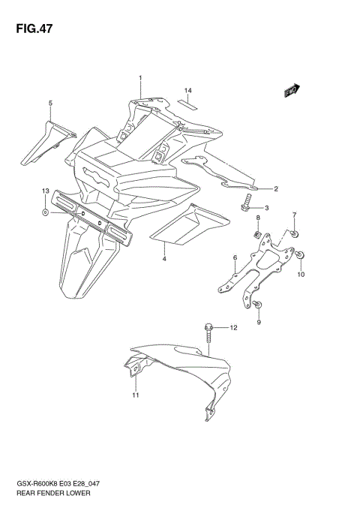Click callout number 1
pyautogui.click(x=139, y=78)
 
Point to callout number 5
pyautogui.click(x=50, y=103)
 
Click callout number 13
pyautogui.click(x=45, y=193)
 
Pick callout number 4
pyautogui.click(x=164, y=258)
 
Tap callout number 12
pyautogui.click(x=233, y=328)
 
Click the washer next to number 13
pyautogui.click(x=46, y=213)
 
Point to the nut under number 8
pyautogui.click(x=258, y=238)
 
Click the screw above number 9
pyautogui.click(x=257, y=303)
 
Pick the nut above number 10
pyautogui.click(x=301, y=257)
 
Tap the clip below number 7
pyautogui.click(x=295, y=234)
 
